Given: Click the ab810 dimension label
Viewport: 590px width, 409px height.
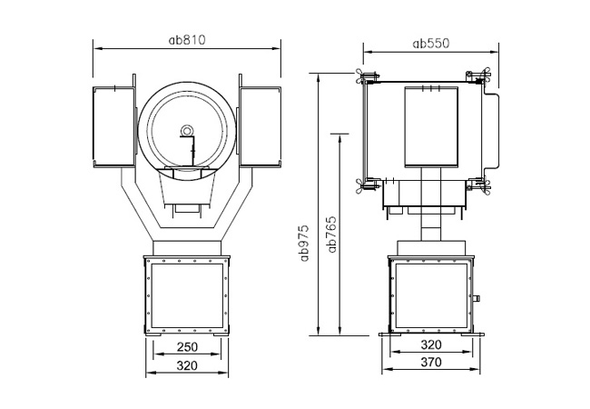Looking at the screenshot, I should click(x=188, y=39).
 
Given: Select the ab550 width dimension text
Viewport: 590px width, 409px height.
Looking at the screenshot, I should click(x=431, y=42).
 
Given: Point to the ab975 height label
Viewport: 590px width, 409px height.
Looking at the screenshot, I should click(x=306, y=243).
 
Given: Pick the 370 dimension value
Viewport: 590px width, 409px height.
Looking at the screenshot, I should click(x=431, y=363).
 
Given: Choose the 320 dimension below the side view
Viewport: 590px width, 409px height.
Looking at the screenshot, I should click(x=431, y=344).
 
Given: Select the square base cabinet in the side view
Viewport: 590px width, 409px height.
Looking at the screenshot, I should click(x=430, y=295).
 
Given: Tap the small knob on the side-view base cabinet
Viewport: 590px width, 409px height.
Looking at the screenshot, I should click(x=477, y=297).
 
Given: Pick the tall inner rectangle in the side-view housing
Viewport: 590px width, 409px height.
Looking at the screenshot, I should click(x=430, y=127).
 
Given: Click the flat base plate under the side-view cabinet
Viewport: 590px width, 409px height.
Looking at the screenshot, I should click(x=430, y=334).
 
